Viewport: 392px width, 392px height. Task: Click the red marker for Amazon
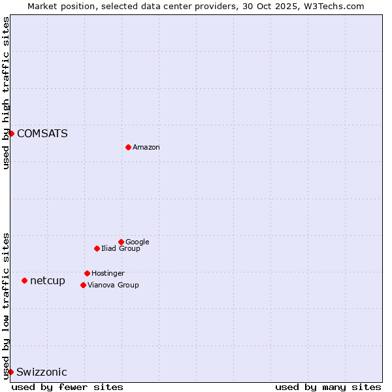(x=128, y=147)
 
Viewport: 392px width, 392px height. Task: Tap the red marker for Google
(x=121, y=242)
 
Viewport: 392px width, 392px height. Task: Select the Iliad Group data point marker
(x=97, y=248)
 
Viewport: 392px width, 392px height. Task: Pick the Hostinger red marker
(x=87, y=273)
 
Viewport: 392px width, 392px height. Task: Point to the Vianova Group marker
(x=83, y=285)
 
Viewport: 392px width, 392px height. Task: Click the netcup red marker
(x=24, y=280)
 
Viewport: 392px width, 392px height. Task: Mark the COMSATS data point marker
(x=11, y=133)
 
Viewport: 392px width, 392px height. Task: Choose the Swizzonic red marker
(x=11, y=372)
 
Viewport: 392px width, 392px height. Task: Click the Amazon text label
(x=146, y=148)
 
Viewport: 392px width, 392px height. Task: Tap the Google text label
(x=137, y=242)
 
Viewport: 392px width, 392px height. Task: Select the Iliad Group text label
(x=121, y=248)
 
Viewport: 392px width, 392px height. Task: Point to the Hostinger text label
(x=108, y=273)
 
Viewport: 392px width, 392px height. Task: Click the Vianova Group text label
(x=113, y=285)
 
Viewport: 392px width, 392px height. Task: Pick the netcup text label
(x=48, y=281)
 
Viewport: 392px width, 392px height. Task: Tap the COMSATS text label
(x=42, y=134)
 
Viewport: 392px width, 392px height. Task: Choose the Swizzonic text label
(x=42, y=372)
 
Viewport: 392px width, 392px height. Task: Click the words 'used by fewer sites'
(x=67, y=387)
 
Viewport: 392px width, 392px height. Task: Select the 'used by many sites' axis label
(x=328, y=387)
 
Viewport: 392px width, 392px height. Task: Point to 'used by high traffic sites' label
(x=6, y=93)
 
